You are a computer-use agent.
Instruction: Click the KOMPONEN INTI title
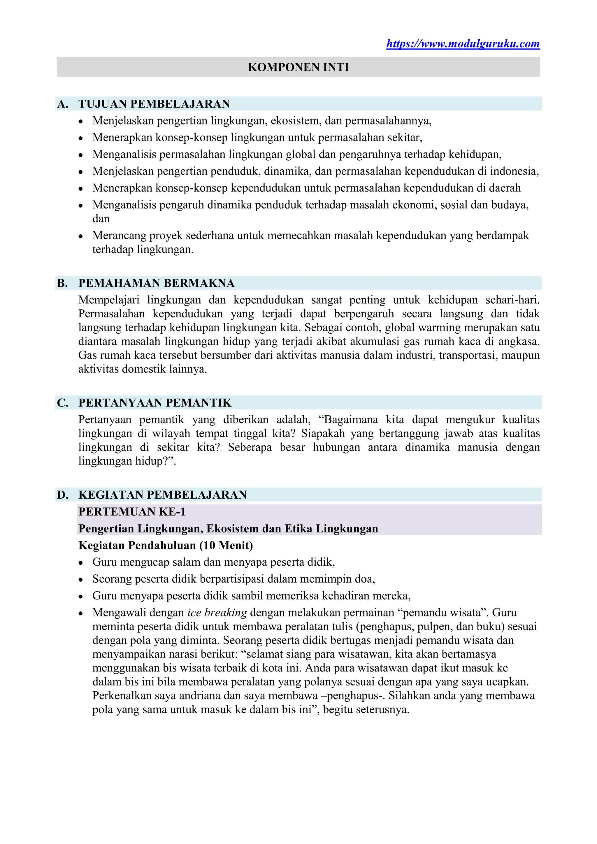(298, 67)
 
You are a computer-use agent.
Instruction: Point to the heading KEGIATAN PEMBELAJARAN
(162, 495)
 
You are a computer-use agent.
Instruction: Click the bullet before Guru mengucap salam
(81, 563)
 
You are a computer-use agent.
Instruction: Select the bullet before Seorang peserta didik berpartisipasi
(81, 580)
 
